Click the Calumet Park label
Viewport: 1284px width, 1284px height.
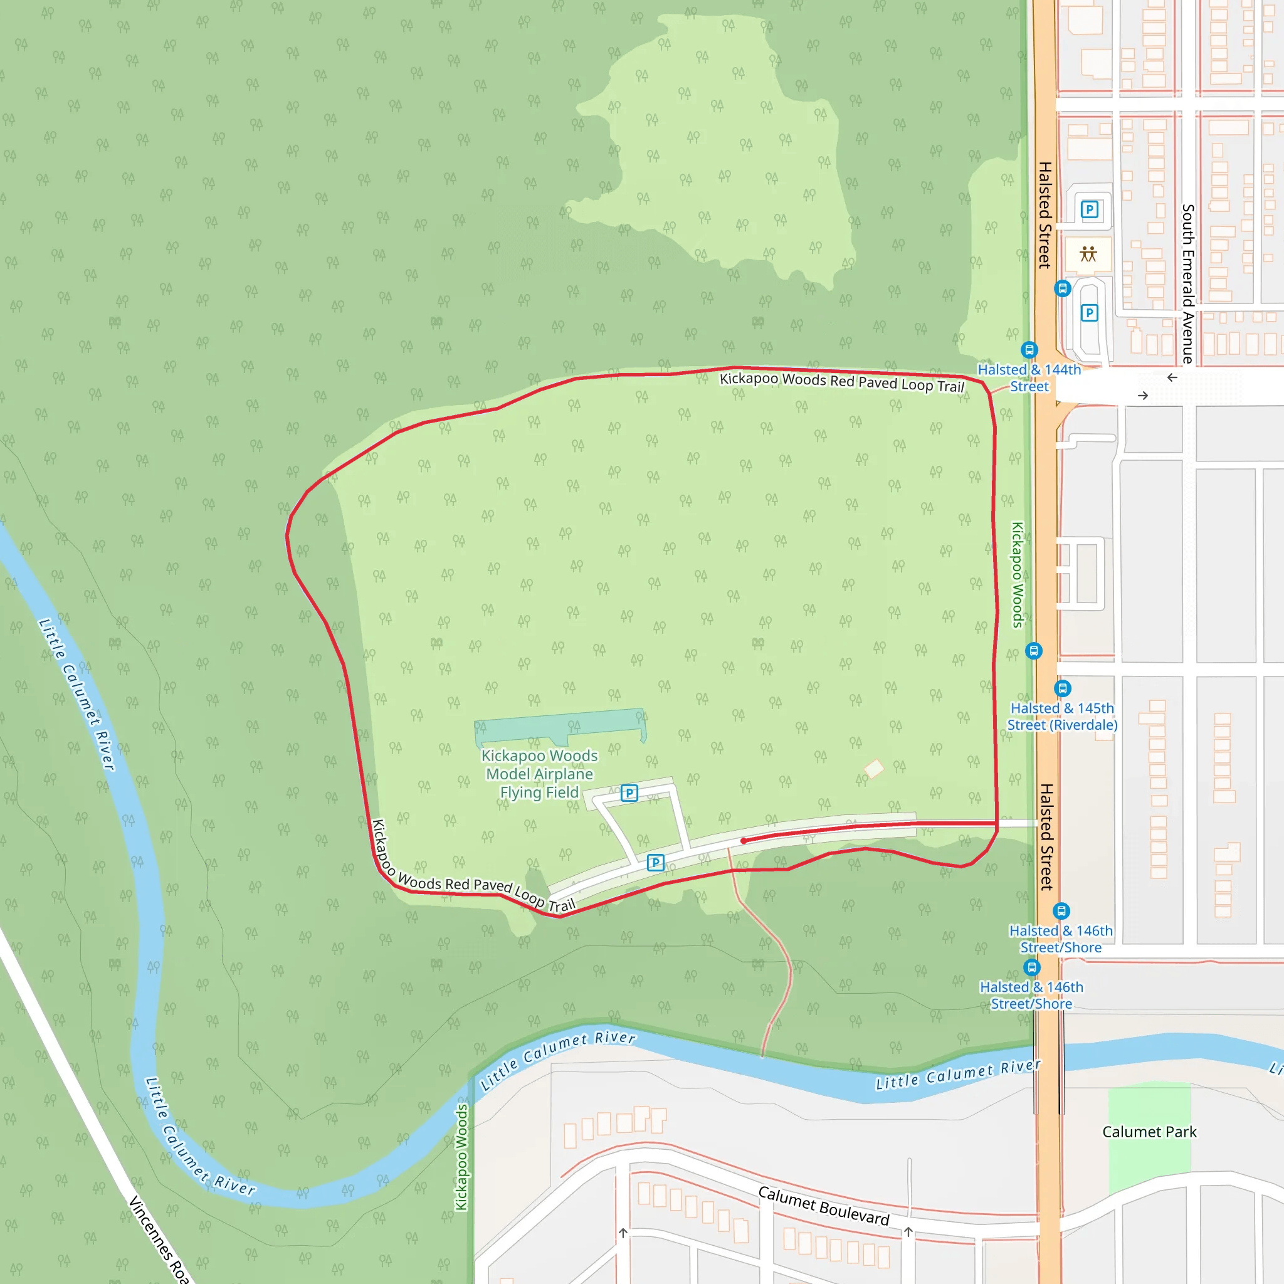pos(1149,1132)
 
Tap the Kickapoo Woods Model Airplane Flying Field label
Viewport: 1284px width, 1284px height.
pos(539,774)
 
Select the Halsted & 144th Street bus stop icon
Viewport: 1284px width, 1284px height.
pos(1029,350)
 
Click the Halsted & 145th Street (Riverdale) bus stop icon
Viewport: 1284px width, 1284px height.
pos(1063,688)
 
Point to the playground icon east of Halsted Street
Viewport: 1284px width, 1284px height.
pos(1088,254)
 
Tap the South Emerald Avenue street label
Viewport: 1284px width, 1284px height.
pos(1188,284)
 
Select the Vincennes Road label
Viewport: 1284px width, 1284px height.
pos(158,1239)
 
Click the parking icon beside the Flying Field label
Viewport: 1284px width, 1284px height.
pos(629,793)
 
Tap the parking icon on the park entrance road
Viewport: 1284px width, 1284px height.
pos(655,863)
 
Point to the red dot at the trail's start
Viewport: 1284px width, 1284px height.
pos(744,841)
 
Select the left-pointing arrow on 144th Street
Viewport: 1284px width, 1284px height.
pos(1172,377)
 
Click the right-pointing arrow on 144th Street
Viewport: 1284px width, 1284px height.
pos(1143,396)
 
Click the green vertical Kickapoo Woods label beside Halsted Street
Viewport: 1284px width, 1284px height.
pos(1018,575)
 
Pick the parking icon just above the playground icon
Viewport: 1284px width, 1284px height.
pos(1089,210)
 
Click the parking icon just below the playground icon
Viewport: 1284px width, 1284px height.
pos(1089,312)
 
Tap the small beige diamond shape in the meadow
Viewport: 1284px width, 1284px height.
pos(874,769)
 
